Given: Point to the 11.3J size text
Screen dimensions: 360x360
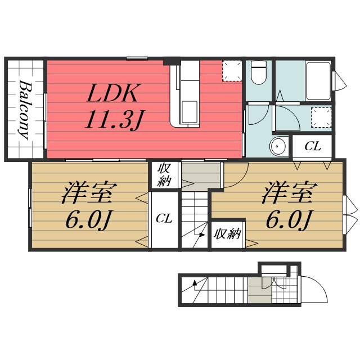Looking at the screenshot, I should (x=115, y=119).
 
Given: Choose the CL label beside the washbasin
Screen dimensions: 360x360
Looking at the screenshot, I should (x=313, y=147).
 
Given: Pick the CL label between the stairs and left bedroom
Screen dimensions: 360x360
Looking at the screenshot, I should (x=164, y=217).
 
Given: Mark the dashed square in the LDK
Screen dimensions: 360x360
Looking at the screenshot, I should (x=231, y=71).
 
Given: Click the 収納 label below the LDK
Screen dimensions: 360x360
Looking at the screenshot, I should (x=164, y=174).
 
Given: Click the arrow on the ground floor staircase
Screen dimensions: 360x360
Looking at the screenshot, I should (x=195, y=287).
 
